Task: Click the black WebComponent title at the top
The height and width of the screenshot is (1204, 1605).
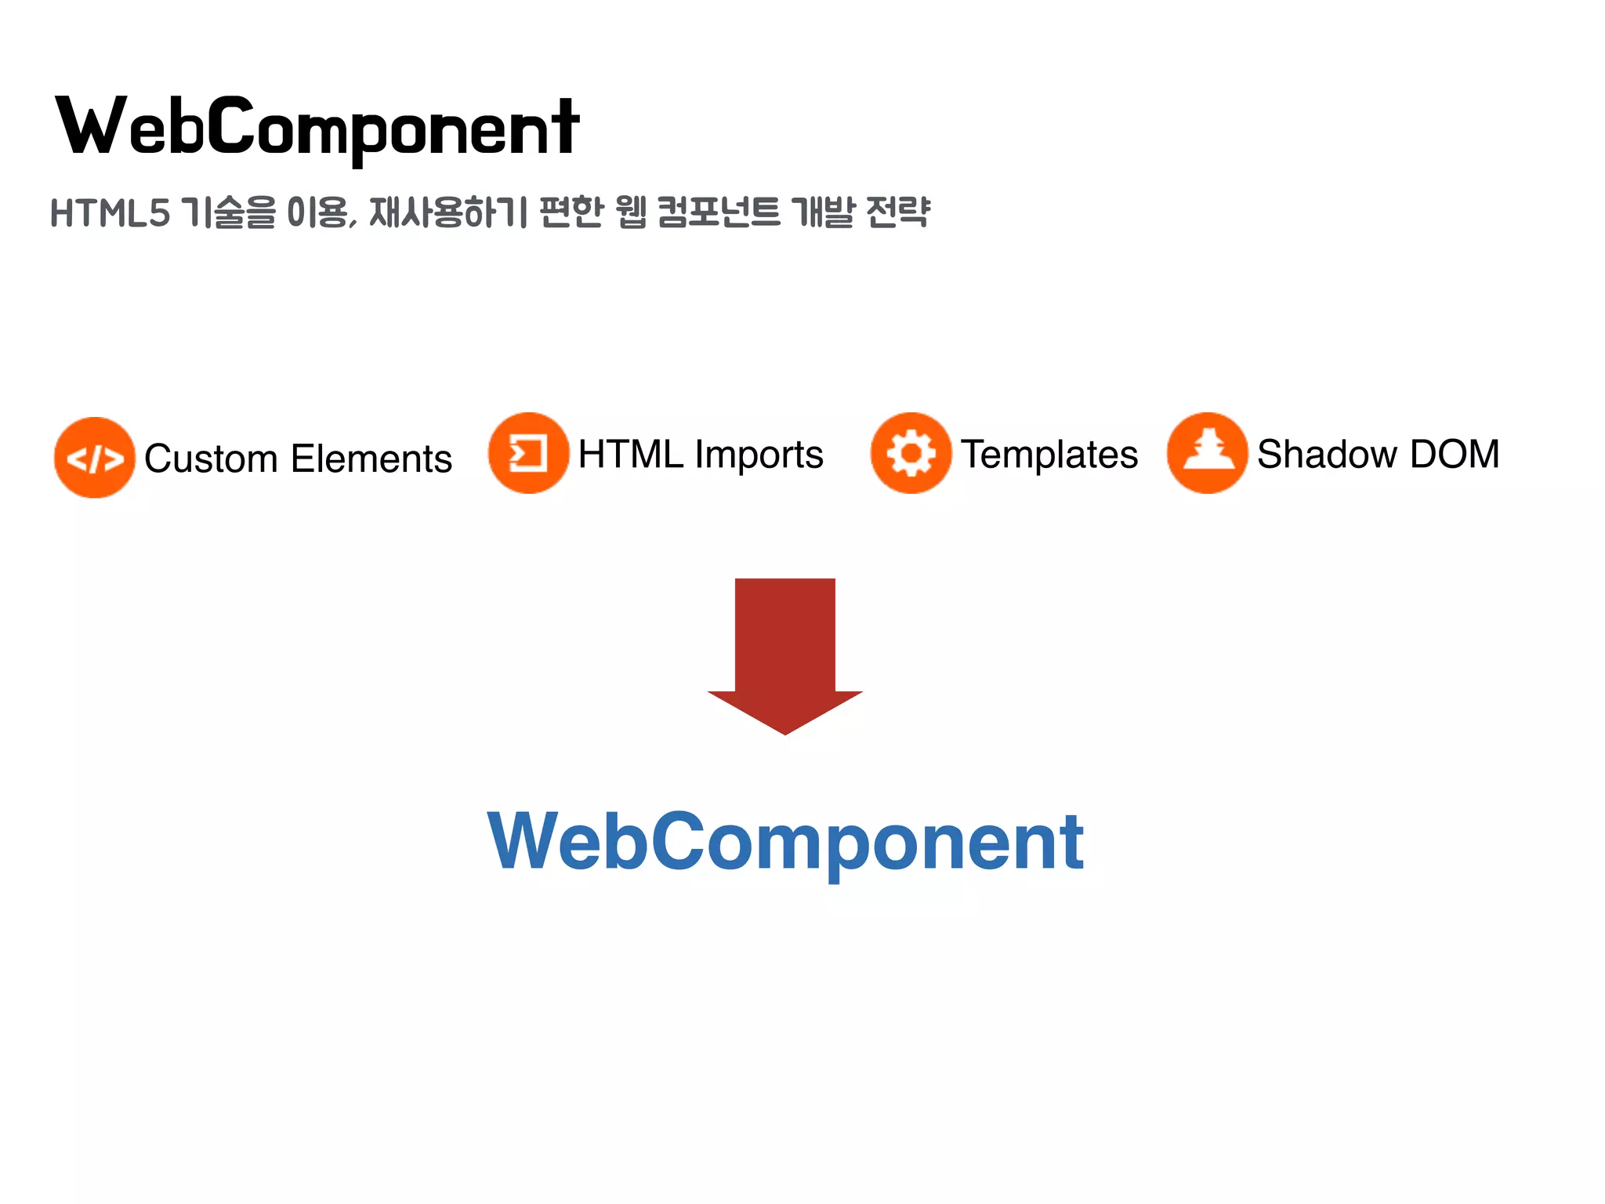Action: (x=317, y=127)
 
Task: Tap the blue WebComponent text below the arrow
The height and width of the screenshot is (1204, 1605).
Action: (x=785, y=842)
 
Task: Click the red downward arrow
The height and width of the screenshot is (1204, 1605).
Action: (x=784, y=655)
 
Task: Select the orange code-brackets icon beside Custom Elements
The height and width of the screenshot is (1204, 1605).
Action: (x=95, y=458)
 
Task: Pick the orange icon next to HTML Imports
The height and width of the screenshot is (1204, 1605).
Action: (x=528, y=453)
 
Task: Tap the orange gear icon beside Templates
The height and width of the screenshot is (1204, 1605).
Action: (x=911, y=453)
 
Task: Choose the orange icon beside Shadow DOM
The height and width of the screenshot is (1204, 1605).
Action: (x=1207, y=453)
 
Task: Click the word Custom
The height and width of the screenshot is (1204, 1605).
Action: (x=211, y=459)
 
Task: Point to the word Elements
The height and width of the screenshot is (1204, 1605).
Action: (x=371, y=459)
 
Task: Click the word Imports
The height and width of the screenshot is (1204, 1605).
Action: (x=759, y=455)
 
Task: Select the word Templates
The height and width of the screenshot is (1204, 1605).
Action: (x=1049, y=455)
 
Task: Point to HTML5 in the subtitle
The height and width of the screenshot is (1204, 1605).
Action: (x=110, y=213)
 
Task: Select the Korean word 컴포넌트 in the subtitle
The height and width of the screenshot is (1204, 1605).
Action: (x=718, y=212)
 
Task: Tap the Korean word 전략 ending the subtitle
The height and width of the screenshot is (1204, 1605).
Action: (x=898, y=212)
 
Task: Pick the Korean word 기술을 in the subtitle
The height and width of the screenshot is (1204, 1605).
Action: (x=228, y=212)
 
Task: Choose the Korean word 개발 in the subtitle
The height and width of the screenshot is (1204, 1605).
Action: (x=822, y=212)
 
